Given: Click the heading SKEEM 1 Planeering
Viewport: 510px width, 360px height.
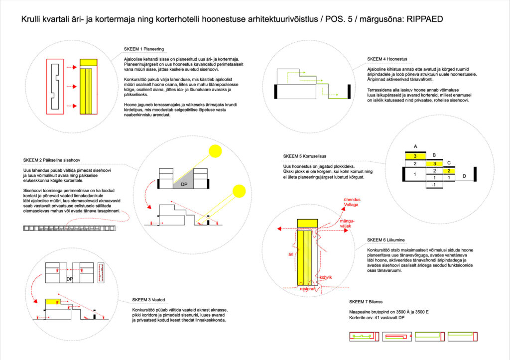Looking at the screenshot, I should [143, 49].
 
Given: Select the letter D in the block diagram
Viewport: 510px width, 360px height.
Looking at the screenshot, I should [464, 176].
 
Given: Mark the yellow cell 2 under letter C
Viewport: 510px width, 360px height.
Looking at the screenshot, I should [449, 171].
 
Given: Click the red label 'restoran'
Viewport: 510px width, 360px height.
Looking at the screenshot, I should [308, 288].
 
